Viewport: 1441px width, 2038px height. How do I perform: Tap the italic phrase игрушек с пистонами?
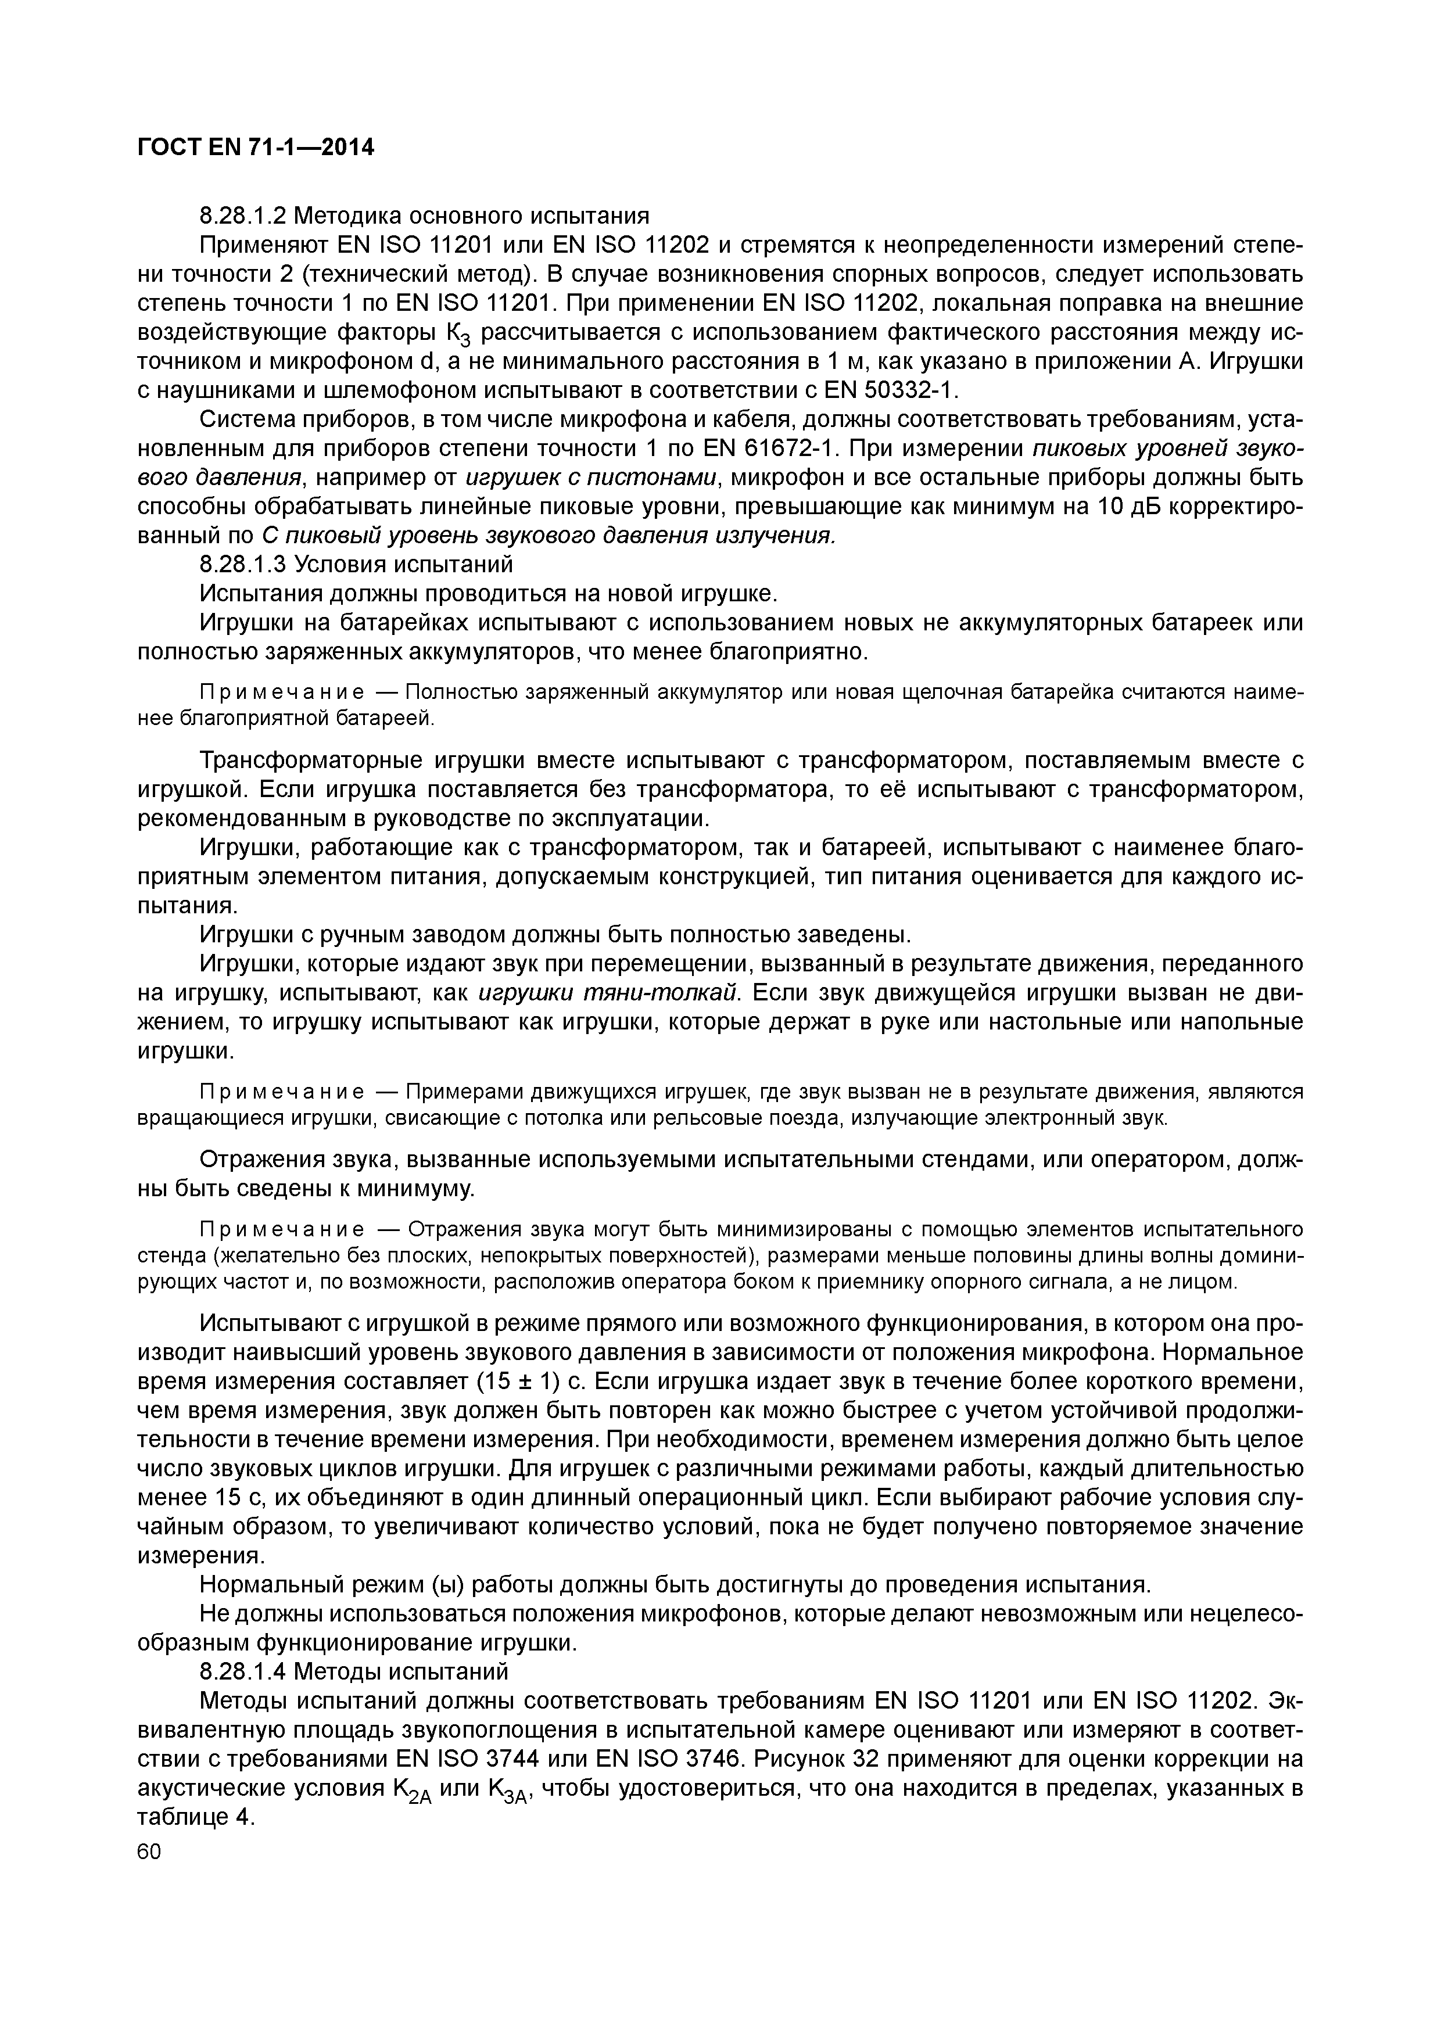(x=590, y=478)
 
